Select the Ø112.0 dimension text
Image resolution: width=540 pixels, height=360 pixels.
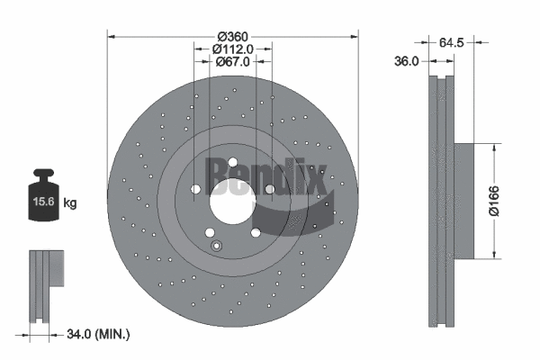[233, 49]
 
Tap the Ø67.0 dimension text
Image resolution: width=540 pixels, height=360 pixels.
[233, 61]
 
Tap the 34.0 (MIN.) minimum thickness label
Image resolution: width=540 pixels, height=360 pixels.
[98, 335]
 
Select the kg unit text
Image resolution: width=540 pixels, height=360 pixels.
[70, 203]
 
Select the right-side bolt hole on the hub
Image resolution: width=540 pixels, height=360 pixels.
[269, 189]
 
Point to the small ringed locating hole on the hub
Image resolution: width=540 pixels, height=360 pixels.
[213, 246]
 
